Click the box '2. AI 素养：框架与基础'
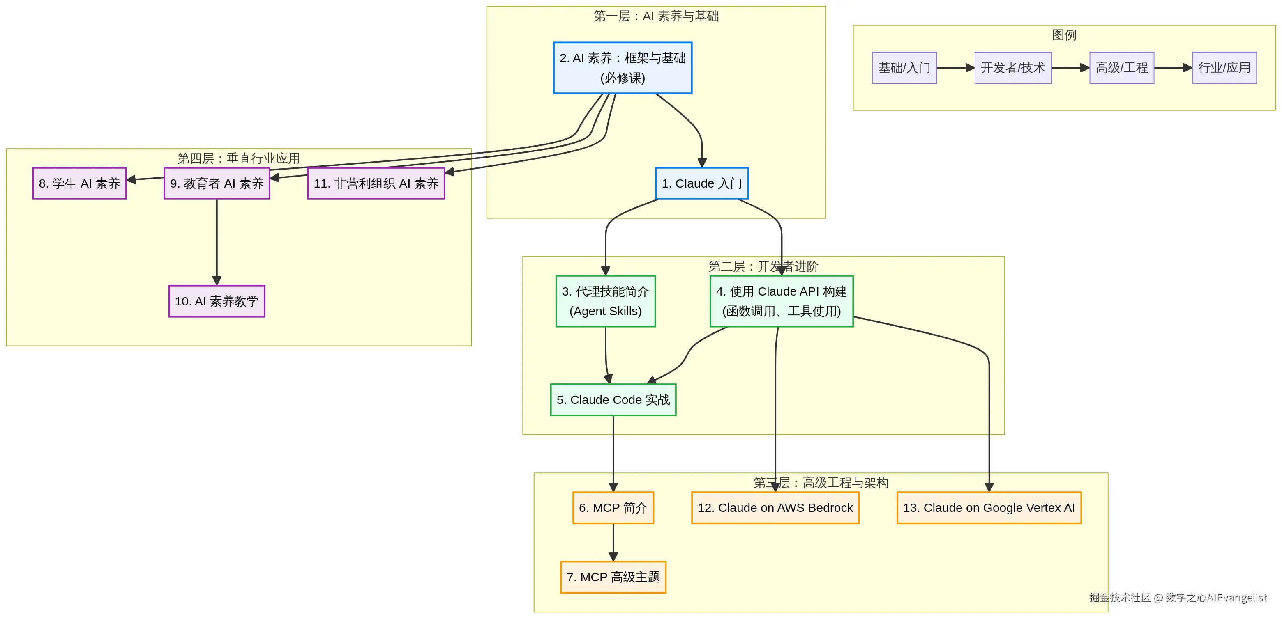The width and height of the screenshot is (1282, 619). tap(622, 68)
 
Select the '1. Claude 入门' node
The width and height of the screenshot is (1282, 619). tap(701, 183)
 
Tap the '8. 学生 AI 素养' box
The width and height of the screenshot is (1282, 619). tap(79, 183)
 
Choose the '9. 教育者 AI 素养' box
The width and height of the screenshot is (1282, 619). tap(217, 183)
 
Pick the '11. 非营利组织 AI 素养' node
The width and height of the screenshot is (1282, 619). tap(376, 183)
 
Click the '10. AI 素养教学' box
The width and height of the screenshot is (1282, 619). tap(217, 301)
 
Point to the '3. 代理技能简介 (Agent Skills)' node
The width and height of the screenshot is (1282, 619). tap(605, 301)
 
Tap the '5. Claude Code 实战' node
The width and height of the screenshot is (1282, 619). tap(613, 399)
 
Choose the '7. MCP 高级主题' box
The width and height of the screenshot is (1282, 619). tap(613, 577)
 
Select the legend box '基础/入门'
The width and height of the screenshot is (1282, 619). tap(904, 68)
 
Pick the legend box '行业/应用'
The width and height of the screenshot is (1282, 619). tap(1224, 68)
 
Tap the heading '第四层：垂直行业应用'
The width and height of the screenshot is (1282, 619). tap(238, 158)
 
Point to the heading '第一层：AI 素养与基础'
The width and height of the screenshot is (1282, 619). tap(655, 16)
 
